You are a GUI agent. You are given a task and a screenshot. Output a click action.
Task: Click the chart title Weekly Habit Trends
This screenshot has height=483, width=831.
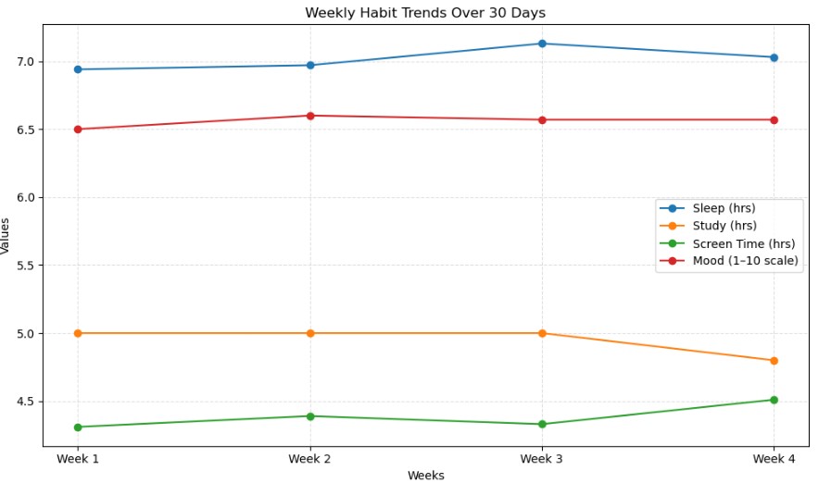click(425, 12)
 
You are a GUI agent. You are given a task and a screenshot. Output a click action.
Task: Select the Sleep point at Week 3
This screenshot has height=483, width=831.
click(542, 43)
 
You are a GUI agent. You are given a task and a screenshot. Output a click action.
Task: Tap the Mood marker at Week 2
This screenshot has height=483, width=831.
click(310, 116)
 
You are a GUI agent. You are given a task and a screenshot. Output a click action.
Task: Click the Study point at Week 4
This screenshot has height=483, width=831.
click(774, 360)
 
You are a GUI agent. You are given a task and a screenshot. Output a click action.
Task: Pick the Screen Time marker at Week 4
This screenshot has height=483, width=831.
click(774, 400)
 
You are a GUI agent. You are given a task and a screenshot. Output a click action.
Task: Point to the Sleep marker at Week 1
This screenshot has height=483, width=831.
click(78, 69)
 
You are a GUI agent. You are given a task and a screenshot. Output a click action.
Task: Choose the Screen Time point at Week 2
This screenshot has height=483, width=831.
click(310, 416)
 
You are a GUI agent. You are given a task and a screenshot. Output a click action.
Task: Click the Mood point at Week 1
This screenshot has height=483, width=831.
click(78, 130)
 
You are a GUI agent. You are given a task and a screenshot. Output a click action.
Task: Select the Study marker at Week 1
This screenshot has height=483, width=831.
click(78, 333)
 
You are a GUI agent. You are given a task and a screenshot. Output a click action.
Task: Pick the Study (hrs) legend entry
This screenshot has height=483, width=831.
click(724, 226)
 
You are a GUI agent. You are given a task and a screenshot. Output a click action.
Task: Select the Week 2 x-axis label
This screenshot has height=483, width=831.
click(310, 459)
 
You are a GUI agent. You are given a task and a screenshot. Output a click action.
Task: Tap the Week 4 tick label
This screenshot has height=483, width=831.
click(774, 459)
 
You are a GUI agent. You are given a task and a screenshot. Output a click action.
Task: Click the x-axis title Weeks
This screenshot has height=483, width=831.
click(425, 476)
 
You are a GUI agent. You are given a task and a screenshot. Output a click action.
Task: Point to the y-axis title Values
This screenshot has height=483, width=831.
click(6, 236)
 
